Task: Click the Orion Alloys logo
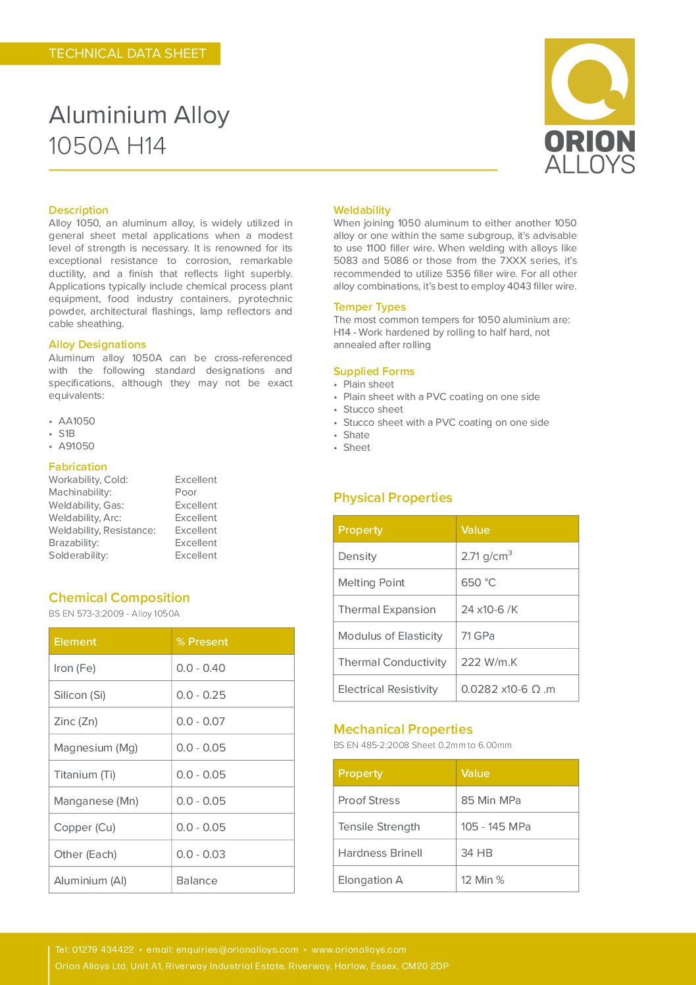589,106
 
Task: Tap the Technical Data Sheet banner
128,54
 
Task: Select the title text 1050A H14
107,146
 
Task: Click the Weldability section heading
362,210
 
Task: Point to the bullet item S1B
66,434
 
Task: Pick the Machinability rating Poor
186,492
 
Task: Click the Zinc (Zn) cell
76,721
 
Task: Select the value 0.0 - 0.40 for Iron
201,668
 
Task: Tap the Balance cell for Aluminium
197,880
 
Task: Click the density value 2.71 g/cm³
486,556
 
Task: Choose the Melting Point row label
371,582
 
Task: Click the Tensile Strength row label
379,826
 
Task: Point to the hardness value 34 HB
476,853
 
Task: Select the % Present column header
202,642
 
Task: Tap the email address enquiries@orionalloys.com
222,949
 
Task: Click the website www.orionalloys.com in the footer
359,949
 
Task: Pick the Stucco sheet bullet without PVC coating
373,409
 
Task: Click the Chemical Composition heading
119,597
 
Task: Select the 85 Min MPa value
491,800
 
